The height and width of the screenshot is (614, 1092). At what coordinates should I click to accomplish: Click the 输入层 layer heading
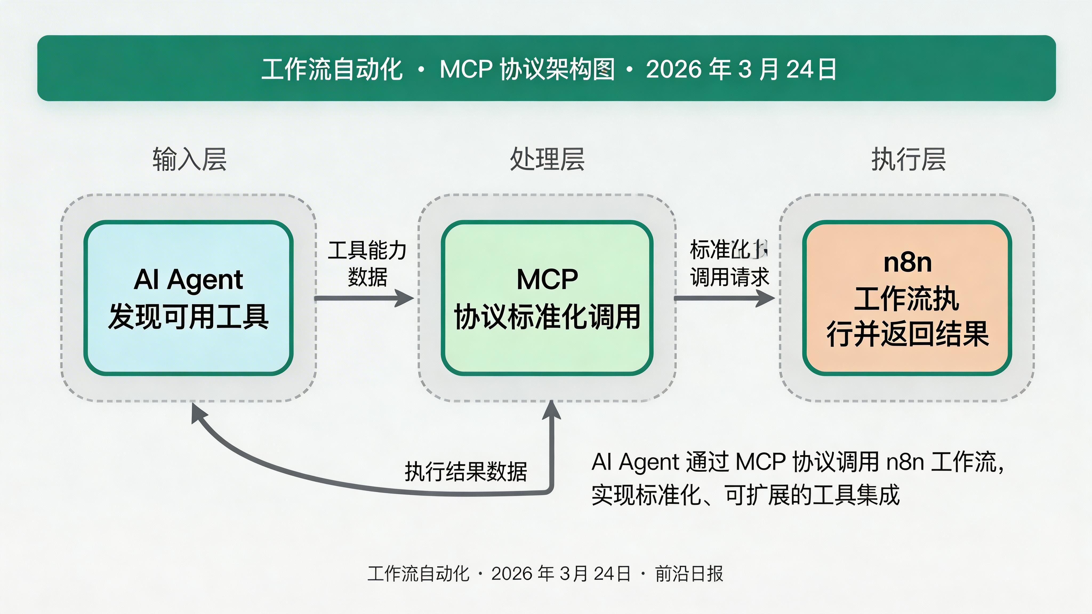pyautogui.click(x=190, y=159)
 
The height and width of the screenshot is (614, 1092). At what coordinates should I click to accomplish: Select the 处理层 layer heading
pyautogui.click(x=547, y=159)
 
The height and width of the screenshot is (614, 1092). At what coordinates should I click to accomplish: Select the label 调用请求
pyautogui.click(x=729, y=277)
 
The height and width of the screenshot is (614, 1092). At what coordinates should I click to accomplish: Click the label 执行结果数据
pyautogui.click(x=465, y=471)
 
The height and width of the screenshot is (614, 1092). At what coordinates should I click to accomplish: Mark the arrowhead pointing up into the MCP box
pyautogui.click(x=552, y=410)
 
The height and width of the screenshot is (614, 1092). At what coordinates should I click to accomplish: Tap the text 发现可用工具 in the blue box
pyautogui.click(x=189, y=317)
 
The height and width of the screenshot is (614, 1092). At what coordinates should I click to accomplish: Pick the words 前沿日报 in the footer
pyautogui.click(x=689, y=574)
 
